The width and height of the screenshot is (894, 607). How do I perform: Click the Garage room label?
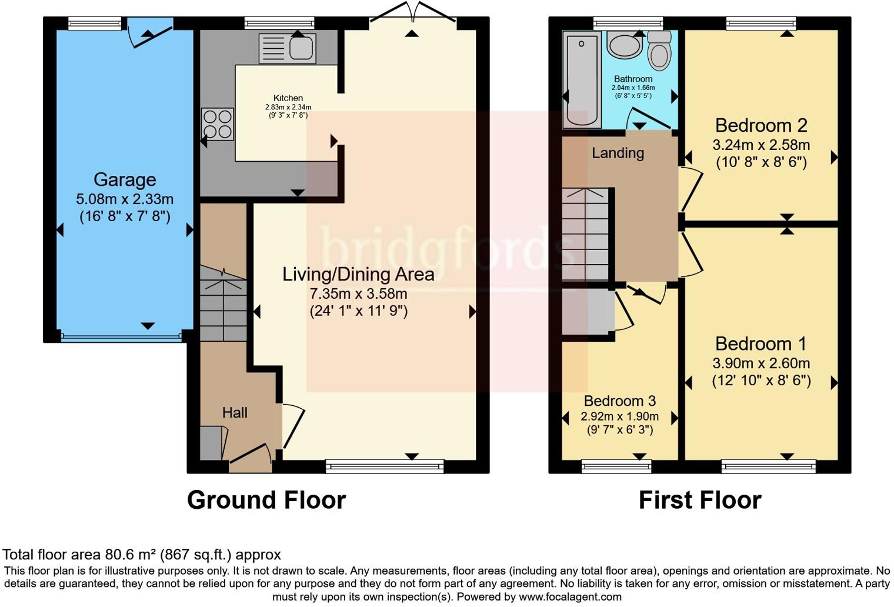tap(125, 179)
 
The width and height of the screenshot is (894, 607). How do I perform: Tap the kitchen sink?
tap(288, 47)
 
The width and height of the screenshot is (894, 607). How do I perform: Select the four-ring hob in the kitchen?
tap(217, 124)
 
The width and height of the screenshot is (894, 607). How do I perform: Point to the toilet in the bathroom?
tap(659, 51)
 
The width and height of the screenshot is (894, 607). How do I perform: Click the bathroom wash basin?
tap(625, 45)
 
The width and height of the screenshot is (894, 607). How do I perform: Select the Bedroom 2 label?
tap(761, 125)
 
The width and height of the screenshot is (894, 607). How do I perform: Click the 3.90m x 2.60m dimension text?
tap(761, 363)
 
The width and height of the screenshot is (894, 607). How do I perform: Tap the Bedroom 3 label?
tap(619, 401)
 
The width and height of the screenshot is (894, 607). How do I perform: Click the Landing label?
tap(618, 153)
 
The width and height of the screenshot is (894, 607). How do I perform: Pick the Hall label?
tap(235, 413)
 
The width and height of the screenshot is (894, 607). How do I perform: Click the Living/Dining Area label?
tap(358, 274)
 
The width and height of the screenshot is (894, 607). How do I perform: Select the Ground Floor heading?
tap(266, 500)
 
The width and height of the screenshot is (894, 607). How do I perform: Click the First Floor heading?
tap(700, 500)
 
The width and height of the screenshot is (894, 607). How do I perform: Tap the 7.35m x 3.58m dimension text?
tap(358, 294)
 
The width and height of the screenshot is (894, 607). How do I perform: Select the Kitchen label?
tap(288, 98)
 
